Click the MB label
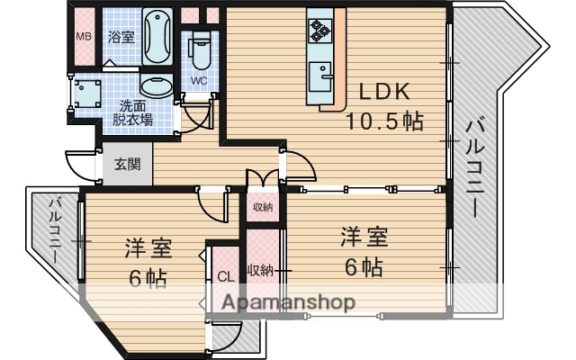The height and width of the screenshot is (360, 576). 83,37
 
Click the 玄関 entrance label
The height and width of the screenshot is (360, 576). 127,164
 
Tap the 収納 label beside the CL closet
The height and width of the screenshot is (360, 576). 260,270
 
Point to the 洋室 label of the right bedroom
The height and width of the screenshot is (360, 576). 364,238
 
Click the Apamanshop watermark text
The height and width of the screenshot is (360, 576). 287,302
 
